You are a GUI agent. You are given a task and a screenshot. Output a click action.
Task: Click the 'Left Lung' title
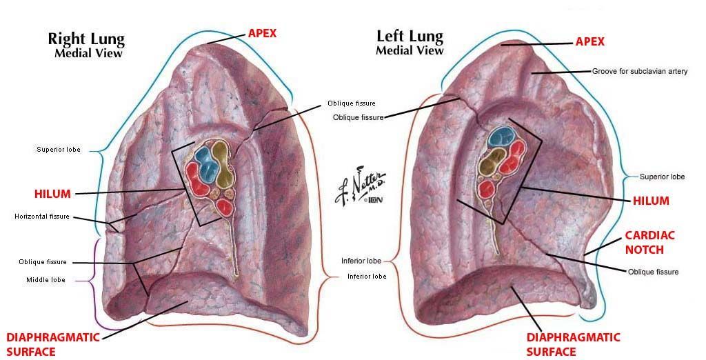[x=409, y=36]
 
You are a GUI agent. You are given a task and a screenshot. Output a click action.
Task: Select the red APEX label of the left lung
[x=589, y=41]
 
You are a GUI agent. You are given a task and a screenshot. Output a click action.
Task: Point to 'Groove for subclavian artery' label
[x=640, y=71]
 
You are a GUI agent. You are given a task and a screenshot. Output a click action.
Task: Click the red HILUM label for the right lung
[x=53, y=194]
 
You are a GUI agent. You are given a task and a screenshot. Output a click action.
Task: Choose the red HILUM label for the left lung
[x=651, y=201]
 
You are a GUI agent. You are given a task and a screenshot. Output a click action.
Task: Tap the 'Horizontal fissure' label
[x=42, y=217]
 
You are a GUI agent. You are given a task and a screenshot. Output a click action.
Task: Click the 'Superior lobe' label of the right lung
[x=59, y=149]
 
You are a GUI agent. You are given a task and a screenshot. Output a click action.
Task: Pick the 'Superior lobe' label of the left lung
[x=662, y=177]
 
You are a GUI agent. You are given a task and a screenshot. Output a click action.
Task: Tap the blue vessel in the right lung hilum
[x=205, y=159]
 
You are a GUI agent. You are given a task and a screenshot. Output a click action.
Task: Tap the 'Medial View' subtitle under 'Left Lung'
[x=410, y=50]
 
